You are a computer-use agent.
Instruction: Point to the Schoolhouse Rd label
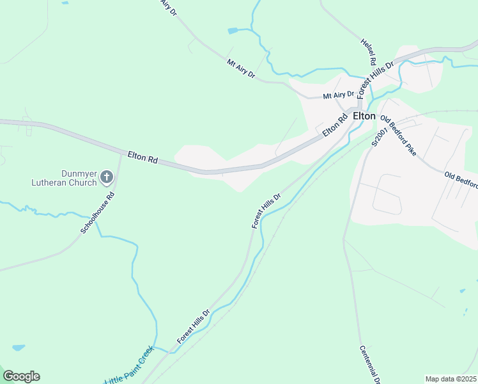pyautogui.click(x=97, y=212)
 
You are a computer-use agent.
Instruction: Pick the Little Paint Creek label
pyautogui.click(x=130, y=365)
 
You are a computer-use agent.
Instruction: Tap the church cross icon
pyautogui.click(x=107, y=177)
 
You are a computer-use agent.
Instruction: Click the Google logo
pyautogui.click(x=21, y=376)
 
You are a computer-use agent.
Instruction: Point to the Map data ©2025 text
pyautogui.click(x=451, y=379)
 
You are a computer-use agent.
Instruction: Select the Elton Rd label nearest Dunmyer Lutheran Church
pyautogui.click(x=143, y=156)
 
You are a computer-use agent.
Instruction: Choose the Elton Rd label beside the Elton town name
pyautogui.click(x=334, y=124)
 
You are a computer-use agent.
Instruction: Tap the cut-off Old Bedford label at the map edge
pyautogui.click(x=461, y=179)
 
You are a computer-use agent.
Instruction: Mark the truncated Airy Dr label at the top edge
pyautogui.click(x=168, y=8)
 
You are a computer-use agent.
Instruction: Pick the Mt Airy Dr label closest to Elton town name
pyautogui.click(x=338, y=95)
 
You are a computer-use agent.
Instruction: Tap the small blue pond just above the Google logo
pyautogui.click(x=18, y=348)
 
